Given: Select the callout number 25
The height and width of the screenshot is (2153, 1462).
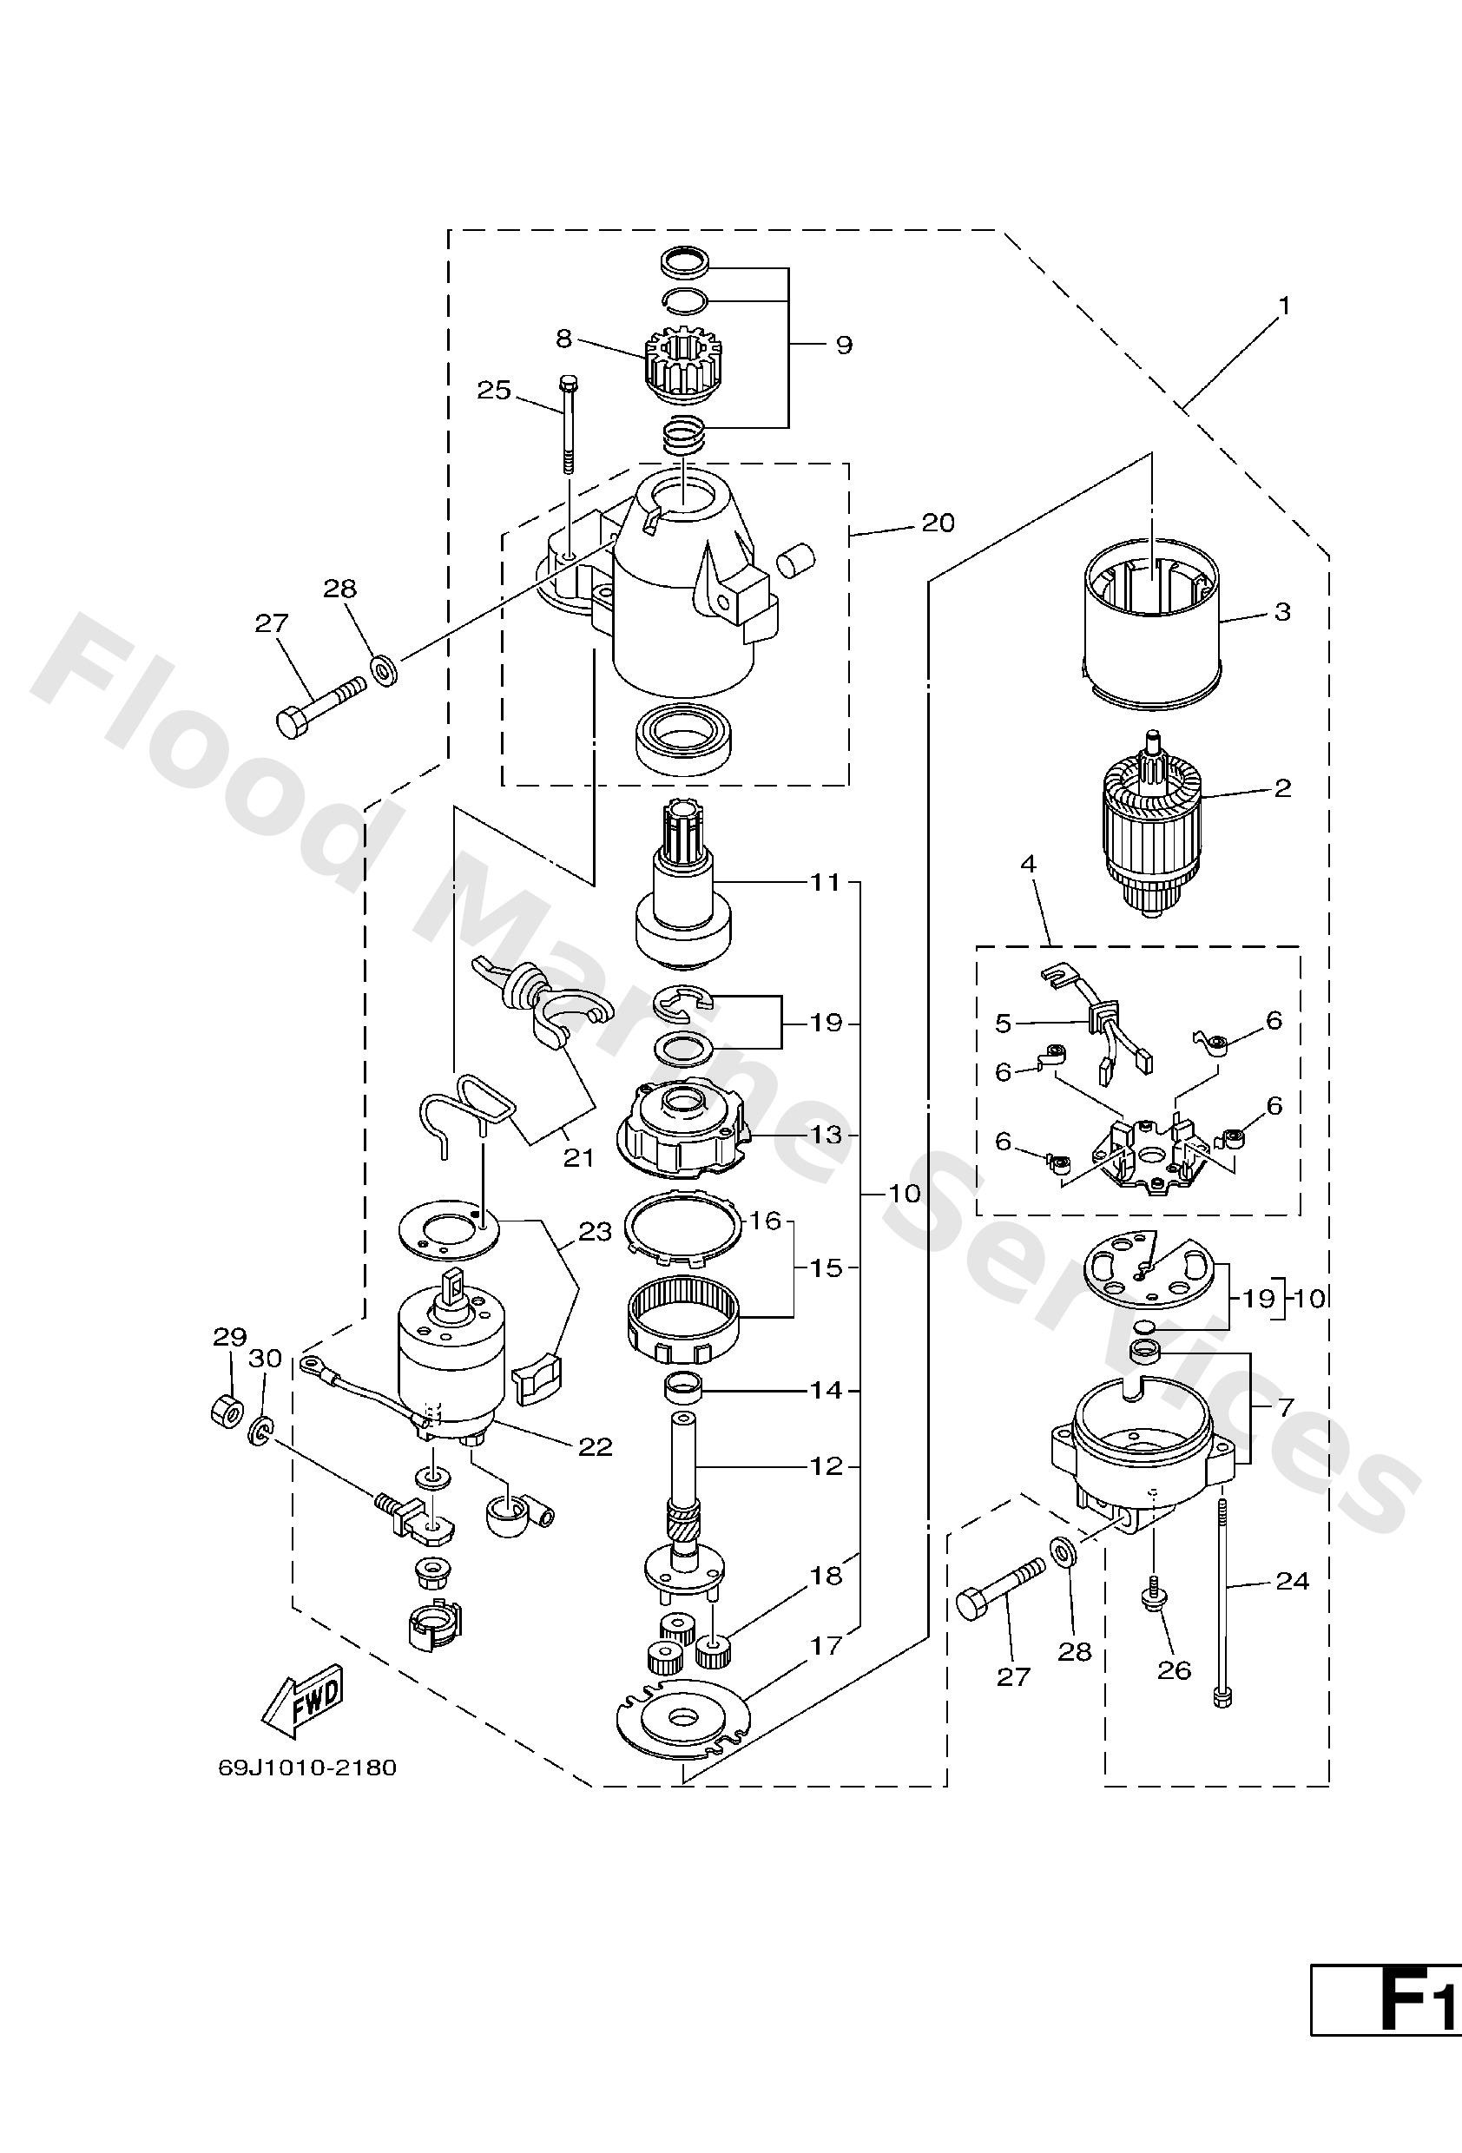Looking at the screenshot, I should [494, 390].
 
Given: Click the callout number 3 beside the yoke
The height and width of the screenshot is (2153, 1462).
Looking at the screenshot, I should [1282, 611].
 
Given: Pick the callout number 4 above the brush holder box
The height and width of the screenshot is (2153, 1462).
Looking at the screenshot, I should [1029, 865].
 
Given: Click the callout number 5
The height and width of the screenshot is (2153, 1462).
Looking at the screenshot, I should [1003, 1023].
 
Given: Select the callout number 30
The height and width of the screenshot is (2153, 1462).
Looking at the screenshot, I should [265, 1358].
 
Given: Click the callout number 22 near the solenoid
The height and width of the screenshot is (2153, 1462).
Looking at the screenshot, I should [596, 1446].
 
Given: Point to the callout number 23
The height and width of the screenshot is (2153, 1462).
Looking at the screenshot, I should [596, 1231].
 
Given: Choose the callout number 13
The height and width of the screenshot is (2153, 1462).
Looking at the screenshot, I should [826, 1134].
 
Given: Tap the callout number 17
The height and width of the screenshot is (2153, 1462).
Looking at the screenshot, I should [827, 1645].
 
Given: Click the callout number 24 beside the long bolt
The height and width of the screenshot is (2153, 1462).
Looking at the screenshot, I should [1292, 1581].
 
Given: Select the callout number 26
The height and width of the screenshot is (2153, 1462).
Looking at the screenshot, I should [1174, 1669].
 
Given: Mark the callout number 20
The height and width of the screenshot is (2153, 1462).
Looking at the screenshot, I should [937, 523].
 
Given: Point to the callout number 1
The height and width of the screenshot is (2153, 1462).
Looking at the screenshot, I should [1284, 305].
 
